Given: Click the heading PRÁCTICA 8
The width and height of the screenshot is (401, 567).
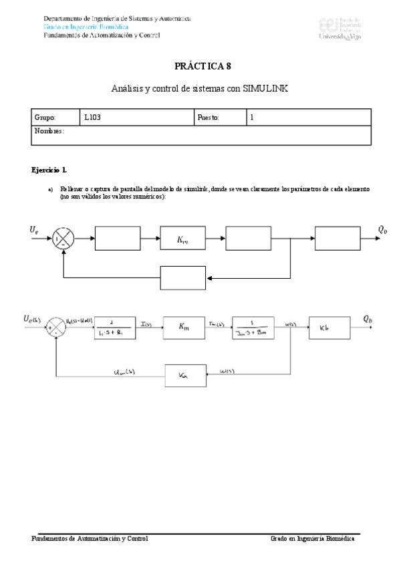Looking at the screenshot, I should pos(203,66).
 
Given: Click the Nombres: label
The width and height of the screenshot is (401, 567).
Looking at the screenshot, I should pos(48,131).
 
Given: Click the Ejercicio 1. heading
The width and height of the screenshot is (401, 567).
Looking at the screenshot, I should pos(49,171).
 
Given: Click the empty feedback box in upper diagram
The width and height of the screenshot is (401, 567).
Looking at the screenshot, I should pos(182,277).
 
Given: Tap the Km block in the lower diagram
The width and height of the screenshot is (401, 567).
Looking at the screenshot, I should pos(183,327).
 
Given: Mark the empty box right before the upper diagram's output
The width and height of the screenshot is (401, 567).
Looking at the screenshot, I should pos(338,238).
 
